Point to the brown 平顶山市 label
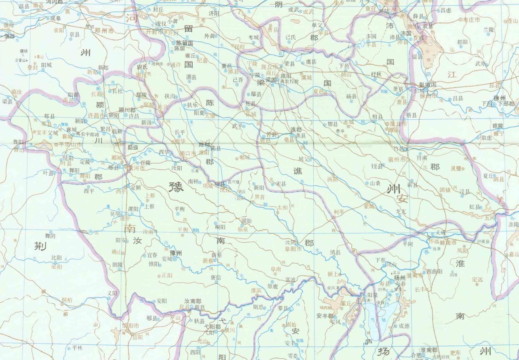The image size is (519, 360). (70, 144)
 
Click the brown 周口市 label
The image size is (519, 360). (189, 153)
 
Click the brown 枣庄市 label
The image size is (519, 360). (471, 20)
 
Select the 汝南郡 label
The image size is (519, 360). (193, 301)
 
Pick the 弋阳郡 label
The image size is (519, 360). (213, 327)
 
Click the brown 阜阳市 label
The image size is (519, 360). (294, 249)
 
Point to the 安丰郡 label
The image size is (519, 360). (324, 316)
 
